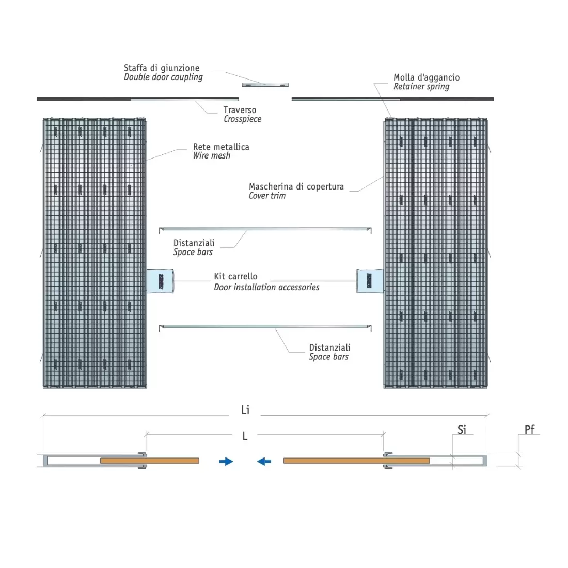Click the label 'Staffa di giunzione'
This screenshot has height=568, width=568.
tap(161, 68)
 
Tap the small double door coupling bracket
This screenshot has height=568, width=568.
tap(265, 85)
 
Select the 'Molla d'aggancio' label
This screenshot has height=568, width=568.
tap(426, 77)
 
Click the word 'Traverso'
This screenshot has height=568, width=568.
tap(240, 109)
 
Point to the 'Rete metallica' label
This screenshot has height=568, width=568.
tap(221, 147)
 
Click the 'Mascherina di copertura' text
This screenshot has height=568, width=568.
tap(296, 186)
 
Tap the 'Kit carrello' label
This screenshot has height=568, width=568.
tap(235, 276)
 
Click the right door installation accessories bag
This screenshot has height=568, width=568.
tap(369, 280)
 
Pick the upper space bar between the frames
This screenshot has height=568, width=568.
tap(265, 228)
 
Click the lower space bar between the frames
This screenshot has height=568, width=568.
tap(265, 326)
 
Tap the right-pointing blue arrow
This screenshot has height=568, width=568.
tap(226, 461)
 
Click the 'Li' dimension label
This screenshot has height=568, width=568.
tap(245, 410)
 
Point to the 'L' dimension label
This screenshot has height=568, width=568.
tap(245, 436)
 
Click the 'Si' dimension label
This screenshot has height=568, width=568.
tap(462, 430)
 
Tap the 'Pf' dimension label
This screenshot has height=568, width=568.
tap(529, 429)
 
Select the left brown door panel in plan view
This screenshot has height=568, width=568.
tap(150, 460)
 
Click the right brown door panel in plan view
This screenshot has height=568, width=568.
tap(356, 460)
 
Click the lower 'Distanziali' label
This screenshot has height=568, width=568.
tap(329, 348)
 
